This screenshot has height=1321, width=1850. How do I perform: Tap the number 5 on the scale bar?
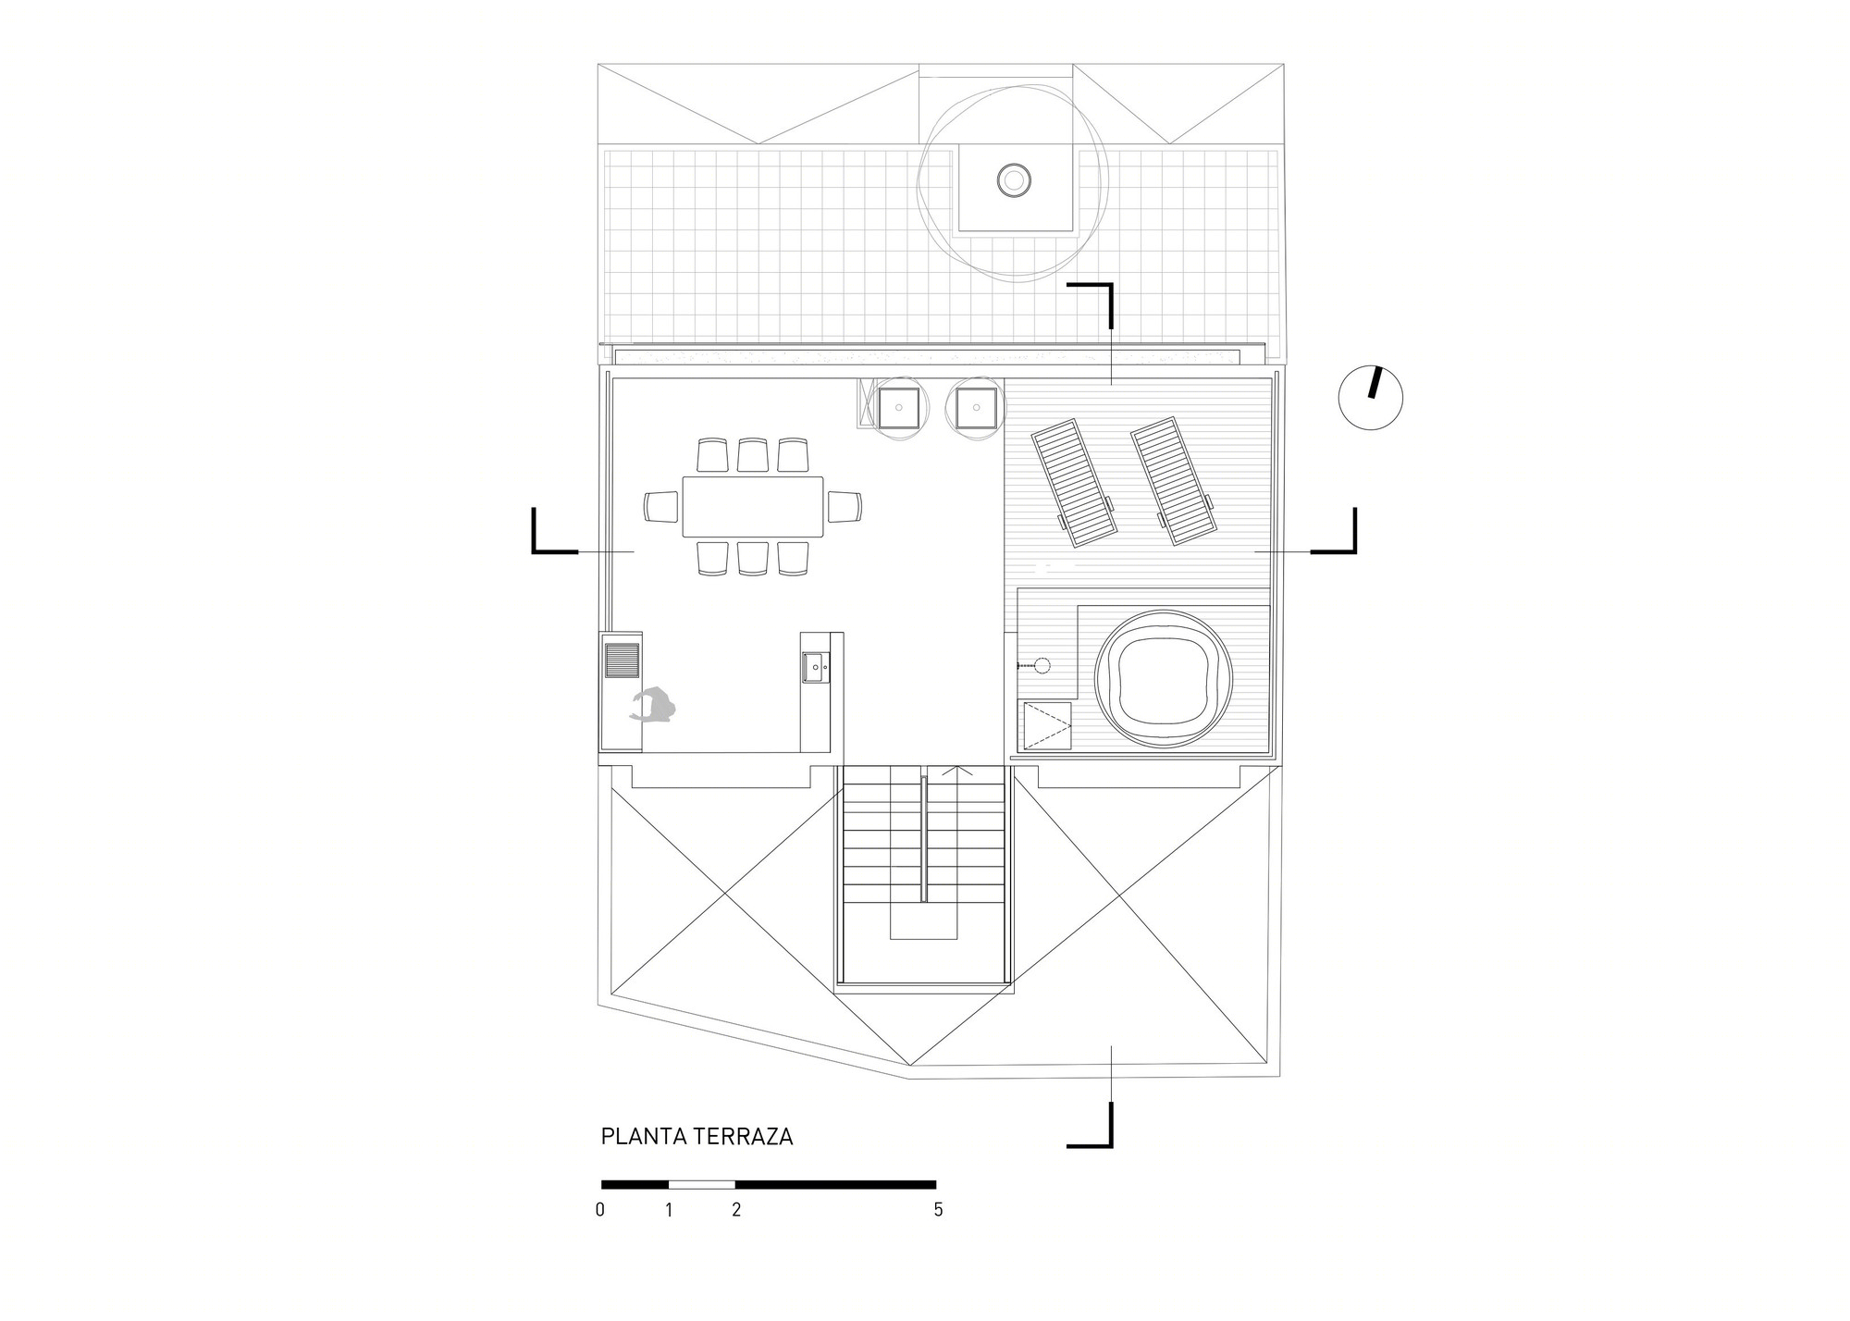coord(938,1210)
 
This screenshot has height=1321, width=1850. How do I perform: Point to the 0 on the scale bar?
coord(600,1210)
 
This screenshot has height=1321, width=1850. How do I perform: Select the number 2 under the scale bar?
coord(736,1210)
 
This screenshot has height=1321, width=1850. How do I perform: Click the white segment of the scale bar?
coord(702,1184)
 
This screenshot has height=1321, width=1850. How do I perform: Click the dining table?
coord(753,506)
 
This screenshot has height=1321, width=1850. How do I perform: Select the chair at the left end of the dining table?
coord(662,507)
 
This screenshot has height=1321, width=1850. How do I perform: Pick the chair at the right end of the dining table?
coord(845,507)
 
